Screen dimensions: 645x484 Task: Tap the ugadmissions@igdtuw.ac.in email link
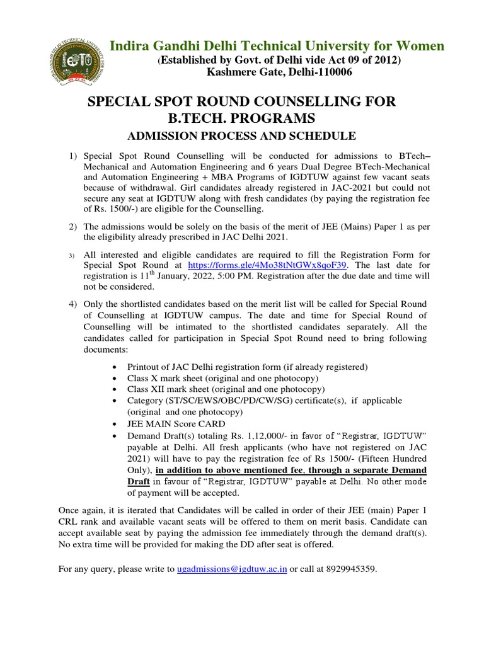[x=232, y=569]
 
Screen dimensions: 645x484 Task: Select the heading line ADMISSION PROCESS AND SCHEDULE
[x=242, y=136]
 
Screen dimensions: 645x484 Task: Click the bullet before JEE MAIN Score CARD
[x=113, y=424]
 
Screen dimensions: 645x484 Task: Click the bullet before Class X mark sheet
[x=113, y=379]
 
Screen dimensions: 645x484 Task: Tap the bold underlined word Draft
[x=139, y=481]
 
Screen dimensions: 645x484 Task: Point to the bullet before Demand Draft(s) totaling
[x=113, y=436]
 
